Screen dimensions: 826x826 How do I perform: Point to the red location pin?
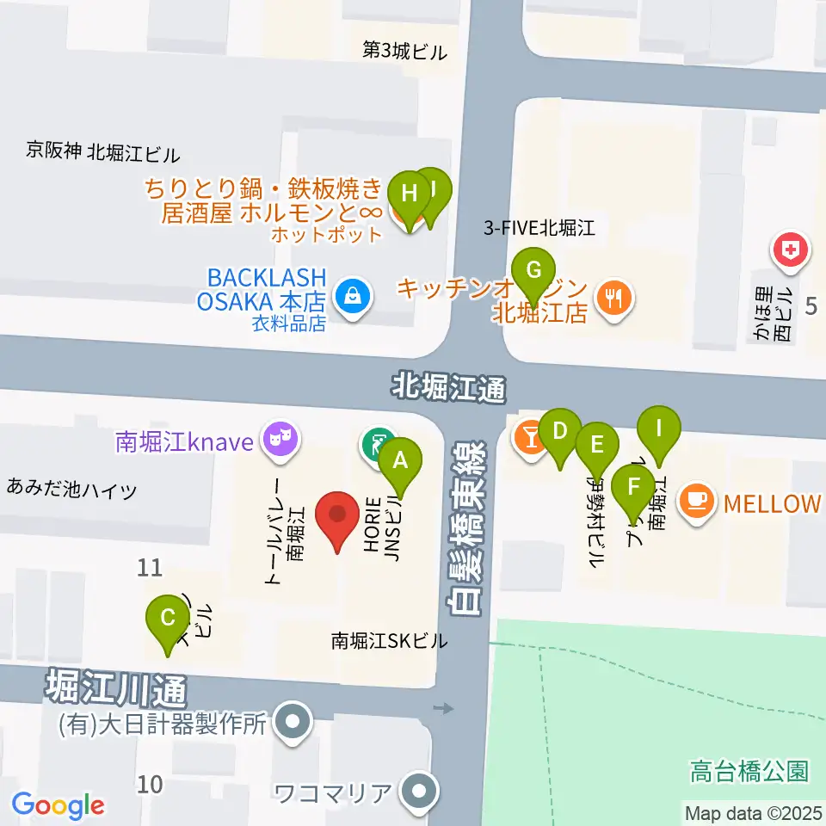click(x=337, y=515)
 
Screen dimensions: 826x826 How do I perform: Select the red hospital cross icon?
click(x=789, y=251)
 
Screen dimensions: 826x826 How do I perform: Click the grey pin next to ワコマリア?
click(x=420, y=789)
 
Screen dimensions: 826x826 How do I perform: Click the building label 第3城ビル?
click(x=405, y=52)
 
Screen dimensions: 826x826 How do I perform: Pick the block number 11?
click(x=150, y=568)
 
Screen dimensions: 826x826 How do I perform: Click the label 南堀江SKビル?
click(x=390, y=641)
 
